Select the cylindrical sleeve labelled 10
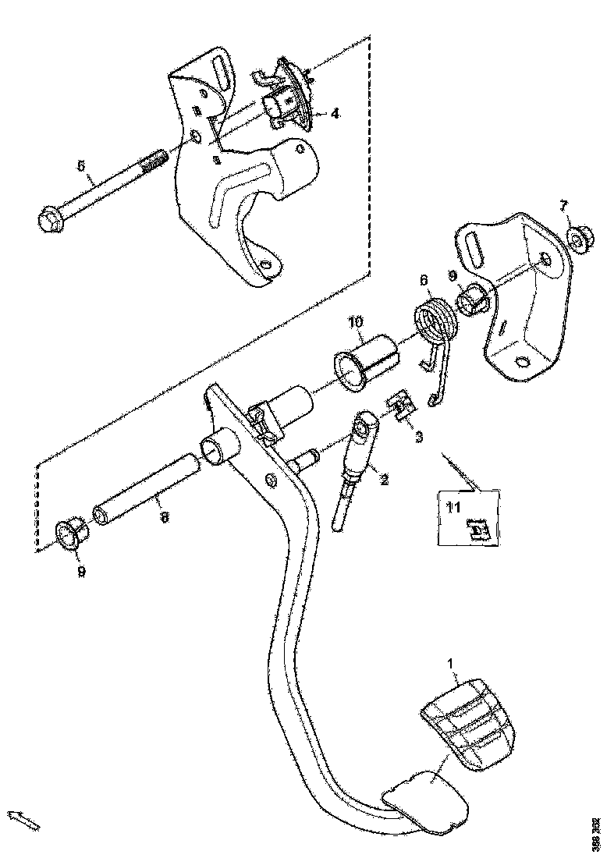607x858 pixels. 367,358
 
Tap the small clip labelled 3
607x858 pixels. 400,407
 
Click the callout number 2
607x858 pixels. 384,480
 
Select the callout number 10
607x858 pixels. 356,321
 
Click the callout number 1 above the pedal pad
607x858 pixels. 450,663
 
